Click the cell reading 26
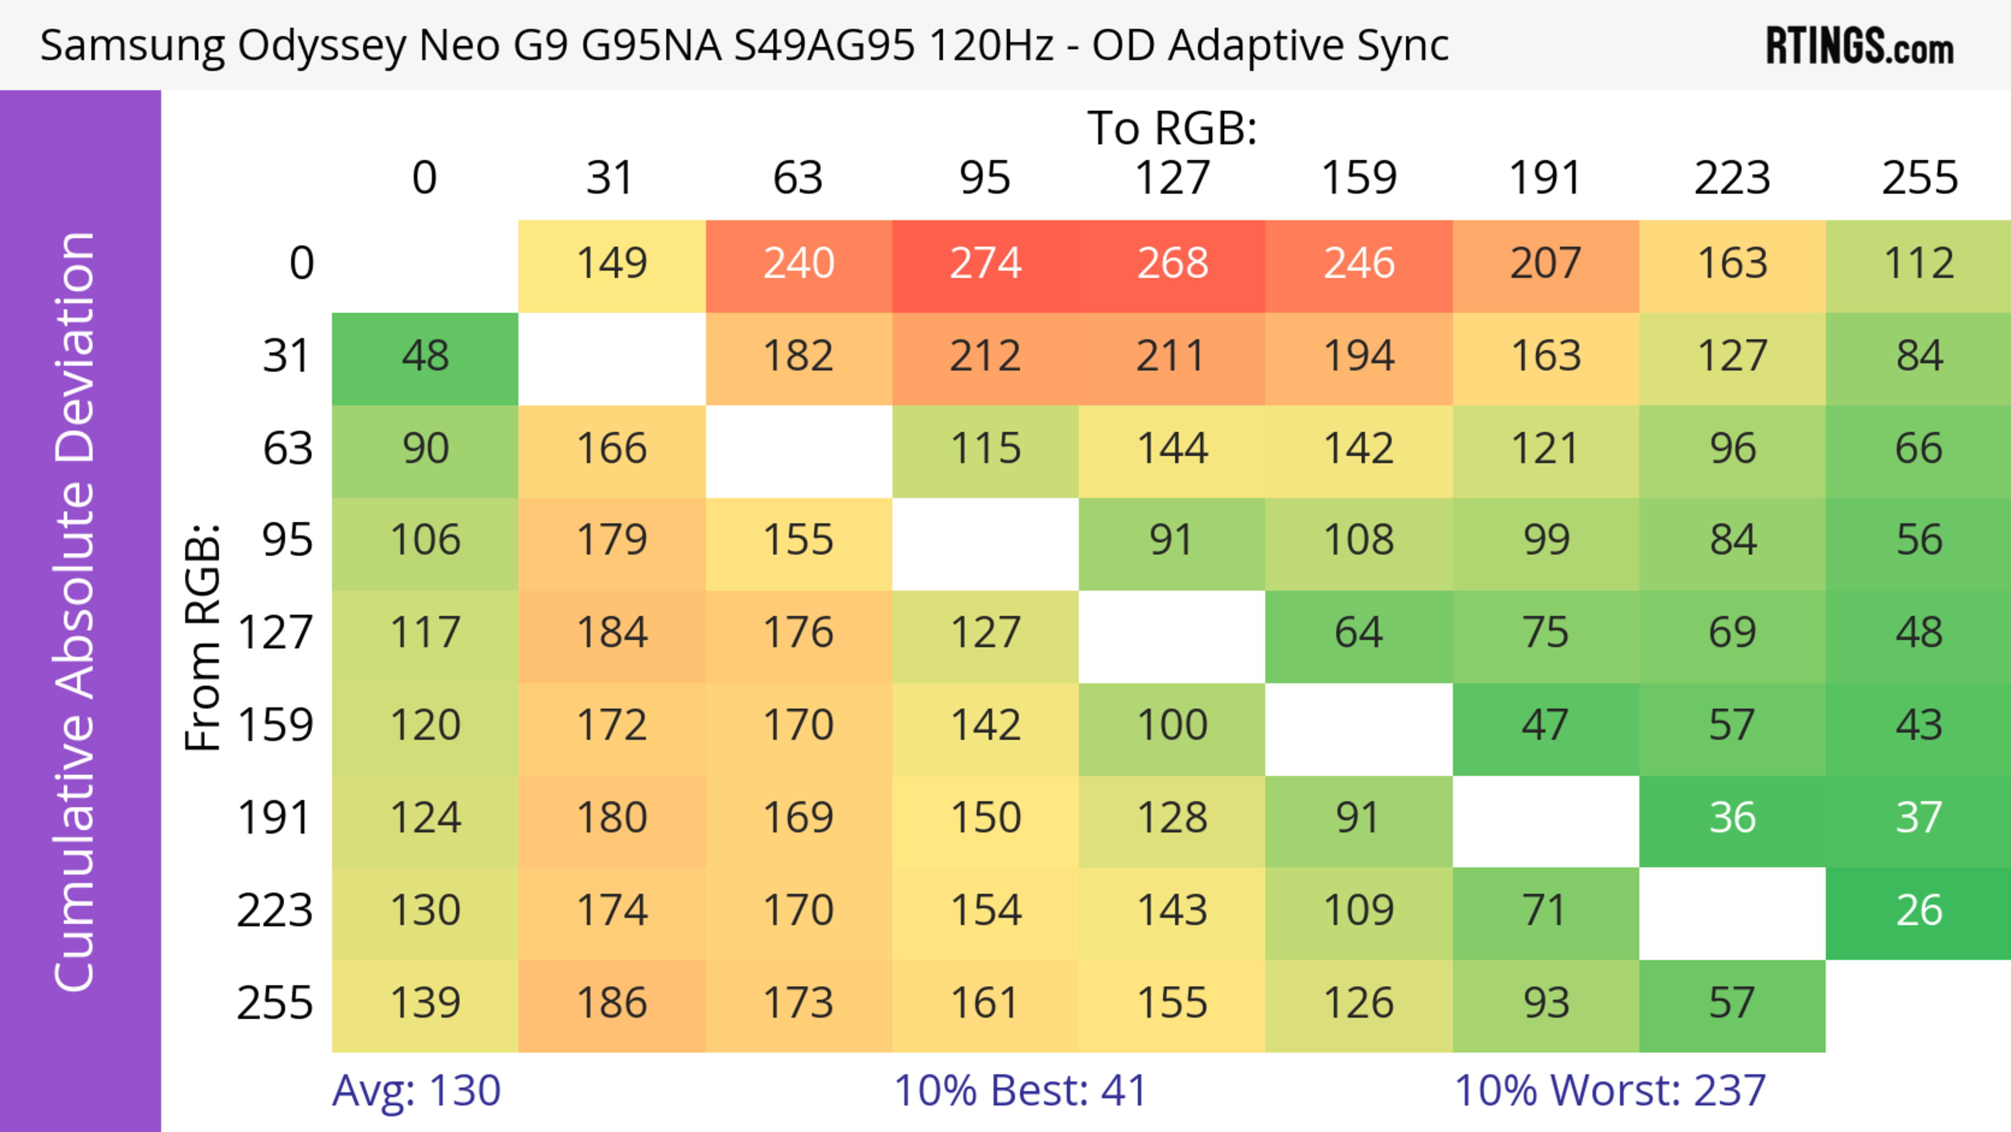[x=1919, y=911]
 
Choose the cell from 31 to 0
[x=425, y=357]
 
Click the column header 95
[x=985, y=178]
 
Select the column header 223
[x=1732, y=178]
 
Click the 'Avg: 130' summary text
[x=416, y=1091]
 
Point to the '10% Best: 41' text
[x=1020, y=1091]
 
